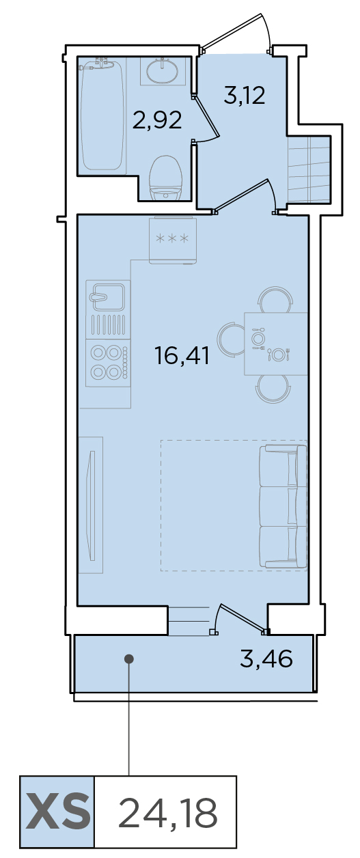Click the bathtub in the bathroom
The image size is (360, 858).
point(102,115)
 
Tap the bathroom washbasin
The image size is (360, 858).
point(163,71)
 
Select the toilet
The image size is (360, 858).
point(165,178)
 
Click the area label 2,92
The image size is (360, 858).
point(157,120)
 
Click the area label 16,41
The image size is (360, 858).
point(182,355)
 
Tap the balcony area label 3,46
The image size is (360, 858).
point(266,659)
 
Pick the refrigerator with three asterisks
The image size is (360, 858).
point(173,240)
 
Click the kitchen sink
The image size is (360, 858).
point(108,297)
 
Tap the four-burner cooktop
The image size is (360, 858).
point(109,363)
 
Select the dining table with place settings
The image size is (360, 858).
point(276,344)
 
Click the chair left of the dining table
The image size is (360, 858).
point(231,340)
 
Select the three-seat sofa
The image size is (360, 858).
point(283,506)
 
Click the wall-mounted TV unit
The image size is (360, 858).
point(91,506)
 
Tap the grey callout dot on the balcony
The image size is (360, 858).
point(129,659)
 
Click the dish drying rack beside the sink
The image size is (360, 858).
point(108,324)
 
